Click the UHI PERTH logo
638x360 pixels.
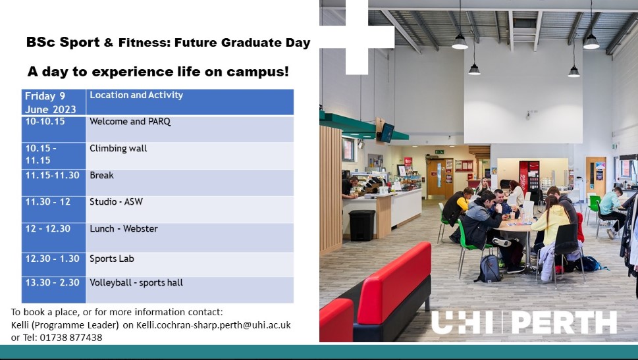[523, 322]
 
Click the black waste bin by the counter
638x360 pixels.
[361, 224]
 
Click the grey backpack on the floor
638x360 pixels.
[489, 267]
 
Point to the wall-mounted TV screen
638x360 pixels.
[387, 132]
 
